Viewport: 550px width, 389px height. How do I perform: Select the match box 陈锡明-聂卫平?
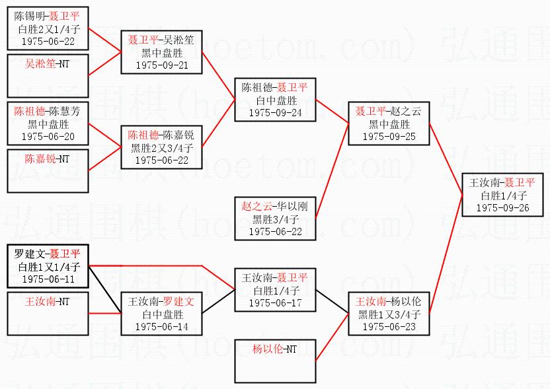click(47, 28)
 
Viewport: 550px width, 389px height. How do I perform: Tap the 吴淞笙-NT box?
click(47, 76)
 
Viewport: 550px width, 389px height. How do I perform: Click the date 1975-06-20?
click(47, 136)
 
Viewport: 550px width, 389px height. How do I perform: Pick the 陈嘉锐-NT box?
click(47, 170)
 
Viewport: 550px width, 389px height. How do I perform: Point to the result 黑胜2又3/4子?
click(161, 147)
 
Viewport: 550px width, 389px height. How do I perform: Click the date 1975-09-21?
click(161, 66)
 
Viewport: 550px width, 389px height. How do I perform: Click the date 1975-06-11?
click(47, 279)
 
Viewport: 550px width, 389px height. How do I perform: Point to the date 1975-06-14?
click(161, 327)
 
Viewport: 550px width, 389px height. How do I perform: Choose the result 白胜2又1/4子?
click(47, 28)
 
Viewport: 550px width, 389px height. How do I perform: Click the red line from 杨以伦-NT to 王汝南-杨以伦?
click(333, 338)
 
